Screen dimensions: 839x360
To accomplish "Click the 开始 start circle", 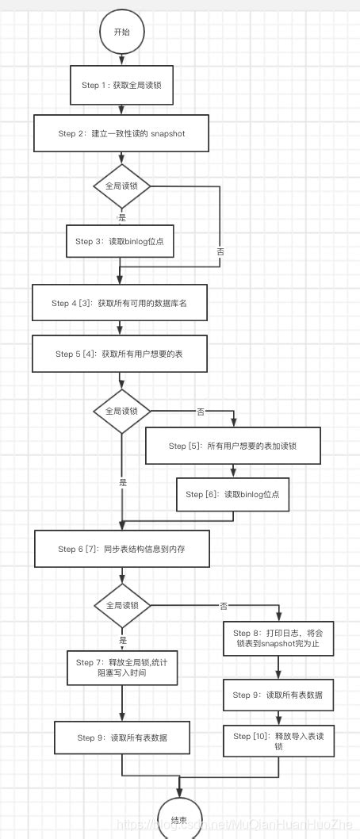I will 121,32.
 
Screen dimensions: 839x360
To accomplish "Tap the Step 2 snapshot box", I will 121,133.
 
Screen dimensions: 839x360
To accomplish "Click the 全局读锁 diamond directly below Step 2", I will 121,186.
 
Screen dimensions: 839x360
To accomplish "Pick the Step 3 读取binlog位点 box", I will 120,241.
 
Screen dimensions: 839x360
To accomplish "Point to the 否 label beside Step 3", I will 220,251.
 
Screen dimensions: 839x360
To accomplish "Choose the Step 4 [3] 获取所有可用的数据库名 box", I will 120,303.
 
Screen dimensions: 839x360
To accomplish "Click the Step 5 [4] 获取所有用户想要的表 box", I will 120,354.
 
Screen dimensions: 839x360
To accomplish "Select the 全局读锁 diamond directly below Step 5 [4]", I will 121,412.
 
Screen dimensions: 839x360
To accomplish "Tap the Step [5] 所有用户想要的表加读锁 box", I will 232,446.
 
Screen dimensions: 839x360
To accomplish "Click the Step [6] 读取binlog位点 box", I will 232,494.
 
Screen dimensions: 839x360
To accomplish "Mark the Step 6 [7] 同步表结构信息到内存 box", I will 121,550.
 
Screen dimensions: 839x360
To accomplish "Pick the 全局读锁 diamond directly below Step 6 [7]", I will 121,606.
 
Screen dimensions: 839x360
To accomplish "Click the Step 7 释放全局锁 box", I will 122,669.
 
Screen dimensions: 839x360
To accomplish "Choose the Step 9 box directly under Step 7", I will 121,737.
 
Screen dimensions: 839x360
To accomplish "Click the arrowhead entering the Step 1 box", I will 121,63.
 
